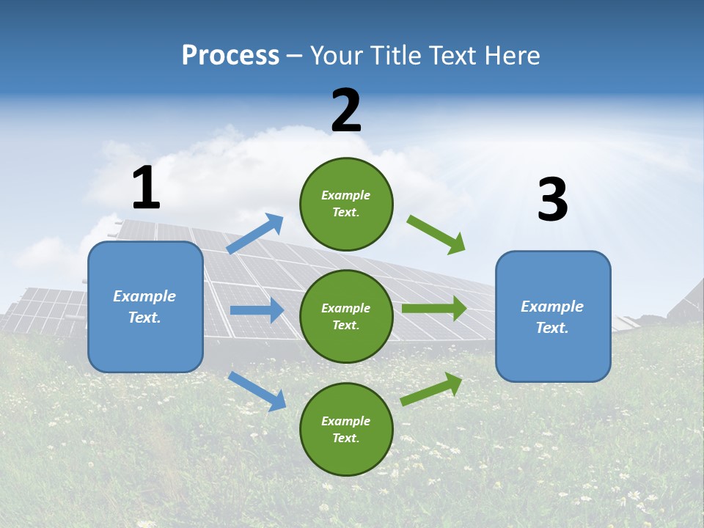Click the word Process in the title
click(x=230, y=55)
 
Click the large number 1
click(x=146, y=188)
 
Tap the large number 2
click(x=346, y=111)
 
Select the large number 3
click(x=552, y=199)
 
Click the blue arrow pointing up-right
click(x=255, y=234)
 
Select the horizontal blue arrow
click(x=257, y=310)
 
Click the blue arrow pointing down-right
click(x=257, y=391)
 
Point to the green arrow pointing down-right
click(x=436, y=235)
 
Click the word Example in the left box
click(x=144, y=296)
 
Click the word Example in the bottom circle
click(x=346, y=421)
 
